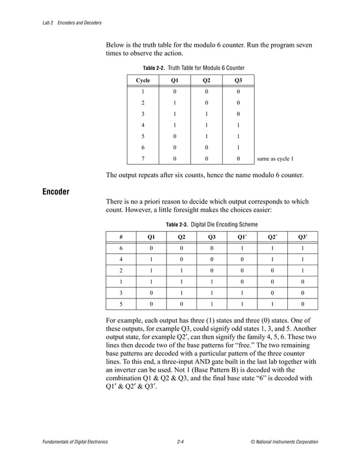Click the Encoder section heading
[56, 192]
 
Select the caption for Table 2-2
[194, 68]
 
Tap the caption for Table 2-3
[212, 225]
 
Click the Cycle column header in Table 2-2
[143, 80]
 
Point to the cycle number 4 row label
[143, 125]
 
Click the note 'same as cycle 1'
[275, 159]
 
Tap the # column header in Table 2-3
[121, 236]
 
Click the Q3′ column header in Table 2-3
[302, 236]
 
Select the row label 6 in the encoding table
[121, 248]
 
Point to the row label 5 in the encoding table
[121, 304]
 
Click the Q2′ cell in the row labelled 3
[272, 293]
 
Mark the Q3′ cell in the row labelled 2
[302, 271]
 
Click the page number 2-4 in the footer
[180, 442]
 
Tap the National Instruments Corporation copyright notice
[284, 442]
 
